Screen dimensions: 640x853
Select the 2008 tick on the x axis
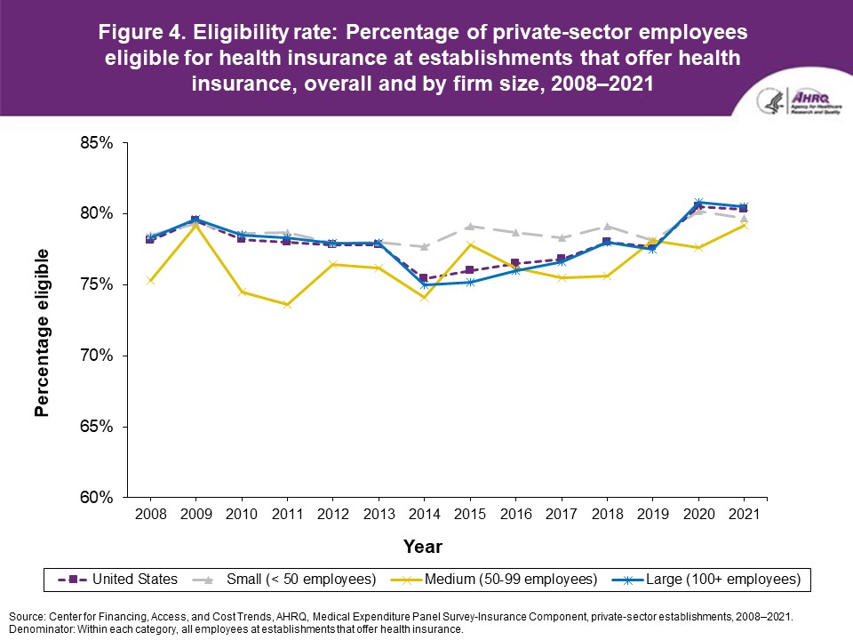click(x=150, y=515)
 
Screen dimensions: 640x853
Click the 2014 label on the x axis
click(x=422, y=515)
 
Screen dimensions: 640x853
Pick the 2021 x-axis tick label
click(x=743, y=515)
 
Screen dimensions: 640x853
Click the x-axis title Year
click(x=423, y=546)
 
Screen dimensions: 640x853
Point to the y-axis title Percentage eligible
click(x=42, y=332)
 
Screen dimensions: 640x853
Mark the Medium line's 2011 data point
click(x=286, y=305)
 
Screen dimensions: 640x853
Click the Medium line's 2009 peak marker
click(x=195, y=225)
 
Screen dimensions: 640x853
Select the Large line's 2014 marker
click(x=422, y=284)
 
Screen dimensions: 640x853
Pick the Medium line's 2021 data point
click(x=743, y=225)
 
